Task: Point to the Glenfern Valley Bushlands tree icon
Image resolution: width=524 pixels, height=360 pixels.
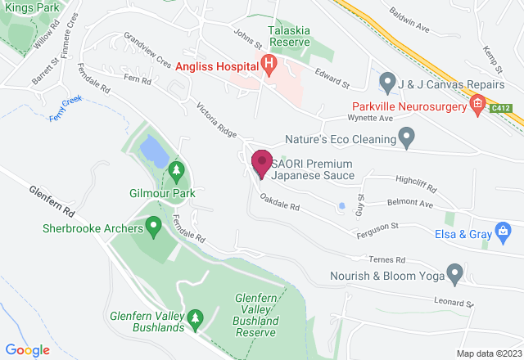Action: pos(195,317)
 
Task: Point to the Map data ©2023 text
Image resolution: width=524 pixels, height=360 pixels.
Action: pos(487,353)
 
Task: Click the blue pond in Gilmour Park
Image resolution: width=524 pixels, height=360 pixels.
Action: pos(151,150)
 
